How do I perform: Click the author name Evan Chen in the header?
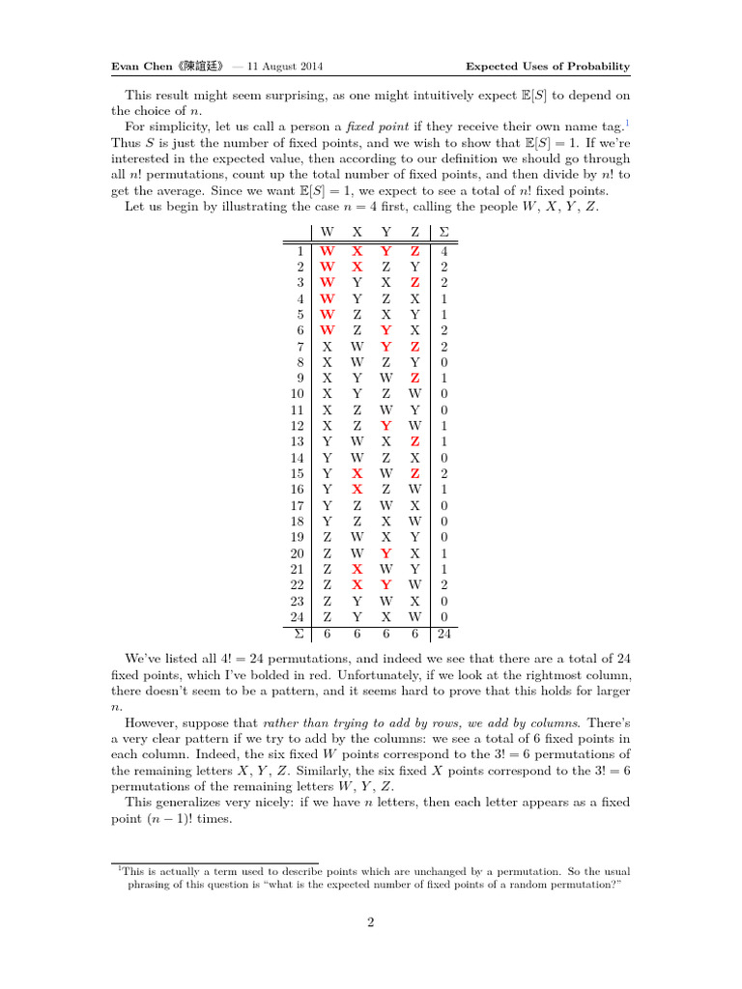138,67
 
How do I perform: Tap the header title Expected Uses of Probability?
548,67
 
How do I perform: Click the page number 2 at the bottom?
370,922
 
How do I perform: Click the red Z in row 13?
414,441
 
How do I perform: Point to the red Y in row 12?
385,425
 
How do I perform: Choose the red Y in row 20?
385,552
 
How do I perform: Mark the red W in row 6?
328,329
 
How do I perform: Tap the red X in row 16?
357,489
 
